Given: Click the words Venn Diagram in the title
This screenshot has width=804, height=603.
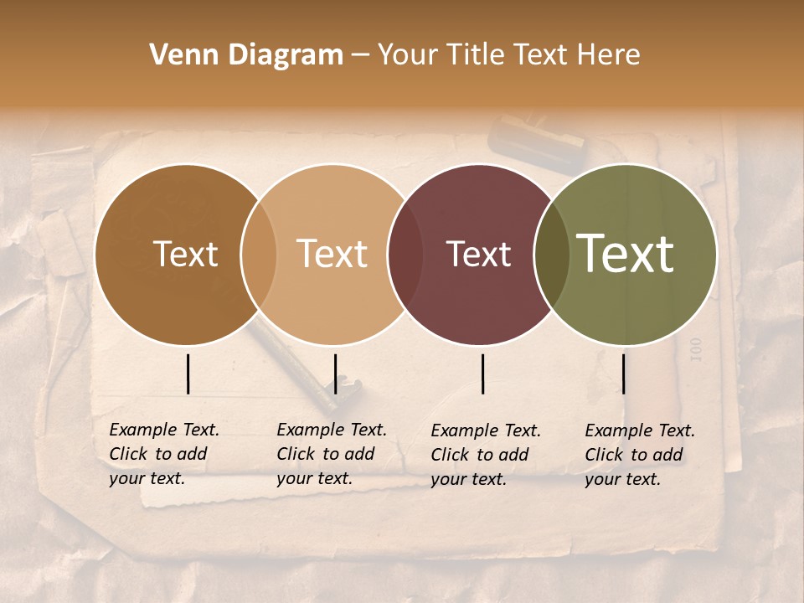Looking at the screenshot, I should (x=246, y=55).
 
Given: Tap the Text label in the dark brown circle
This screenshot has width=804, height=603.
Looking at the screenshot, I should (x=185, y=255).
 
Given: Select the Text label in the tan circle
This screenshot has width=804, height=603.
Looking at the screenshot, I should (x=332, y=255).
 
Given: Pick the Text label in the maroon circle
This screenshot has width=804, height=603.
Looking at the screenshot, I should (x=478, y=255).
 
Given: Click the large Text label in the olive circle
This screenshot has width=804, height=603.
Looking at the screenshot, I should (x=625, y=254).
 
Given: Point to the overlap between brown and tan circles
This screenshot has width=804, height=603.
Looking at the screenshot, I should (x=259, y=255).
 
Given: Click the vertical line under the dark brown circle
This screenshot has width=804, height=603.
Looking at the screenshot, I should (x=188, y=374).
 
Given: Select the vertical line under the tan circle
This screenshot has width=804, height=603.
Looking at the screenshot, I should (x=335, y=374).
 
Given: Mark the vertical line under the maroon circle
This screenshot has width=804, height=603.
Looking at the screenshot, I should (x=482, y=374).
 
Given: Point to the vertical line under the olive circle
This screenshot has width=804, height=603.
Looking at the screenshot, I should (x=623, y=374).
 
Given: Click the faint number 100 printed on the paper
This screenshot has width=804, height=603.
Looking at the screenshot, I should (x=694, y=349).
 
